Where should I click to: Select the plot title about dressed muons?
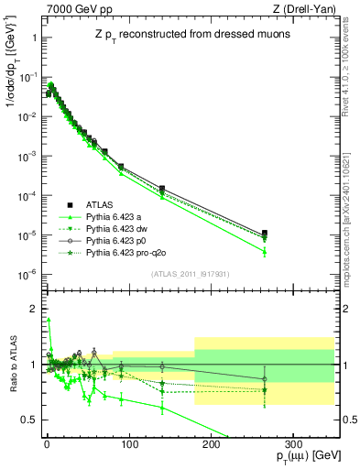189,34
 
